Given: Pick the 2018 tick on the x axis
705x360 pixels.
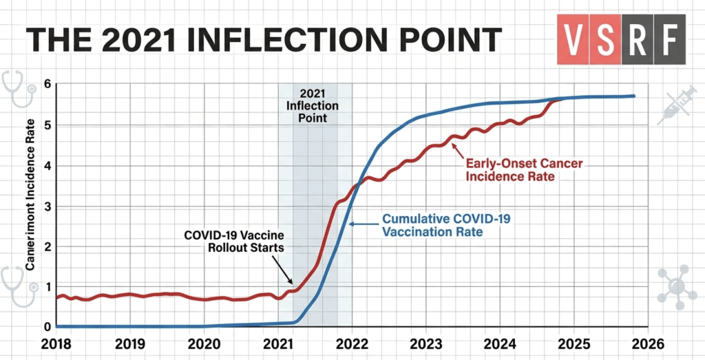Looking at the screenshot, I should [x=57, y=343].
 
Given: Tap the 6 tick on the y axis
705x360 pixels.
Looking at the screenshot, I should [x=47, y=84].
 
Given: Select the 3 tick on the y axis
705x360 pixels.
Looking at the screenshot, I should [x=47, y=206].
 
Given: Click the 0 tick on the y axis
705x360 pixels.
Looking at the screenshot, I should [x=47, y=326].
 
